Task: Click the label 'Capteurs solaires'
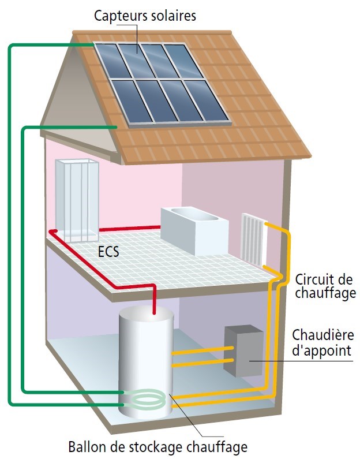(145, 16)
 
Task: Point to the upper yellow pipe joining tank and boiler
(203, 350)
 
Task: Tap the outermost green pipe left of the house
(10, 231)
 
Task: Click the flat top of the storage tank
(147, 316)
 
